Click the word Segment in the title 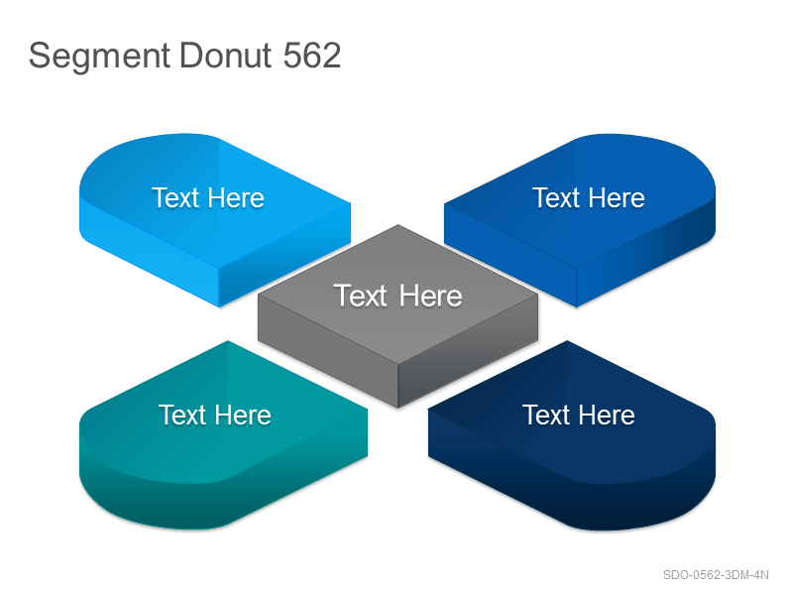tap(99, 57)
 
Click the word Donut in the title tap(226, 55)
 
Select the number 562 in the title tap(312, 55)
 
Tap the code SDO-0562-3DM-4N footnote tap(716, 575)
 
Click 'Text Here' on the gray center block tap(397, 296)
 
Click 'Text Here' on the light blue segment tap(208, 197)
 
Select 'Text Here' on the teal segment tap(215, 415)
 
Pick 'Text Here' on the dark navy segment tap(579, 415)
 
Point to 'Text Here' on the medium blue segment tap(589, 197)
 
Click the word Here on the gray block tap(430, 296)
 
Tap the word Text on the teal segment tap(181, 415)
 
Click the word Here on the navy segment tap(607, 415)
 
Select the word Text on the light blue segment tap(174, 197)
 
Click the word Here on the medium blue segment tap(617, 197)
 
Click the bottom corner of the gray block tap(398, 408)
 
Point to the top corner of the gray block tap(398, 225)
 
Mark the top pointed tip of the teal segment tap(228, 341)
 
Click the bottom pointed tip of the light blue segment tap(219, 307)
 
